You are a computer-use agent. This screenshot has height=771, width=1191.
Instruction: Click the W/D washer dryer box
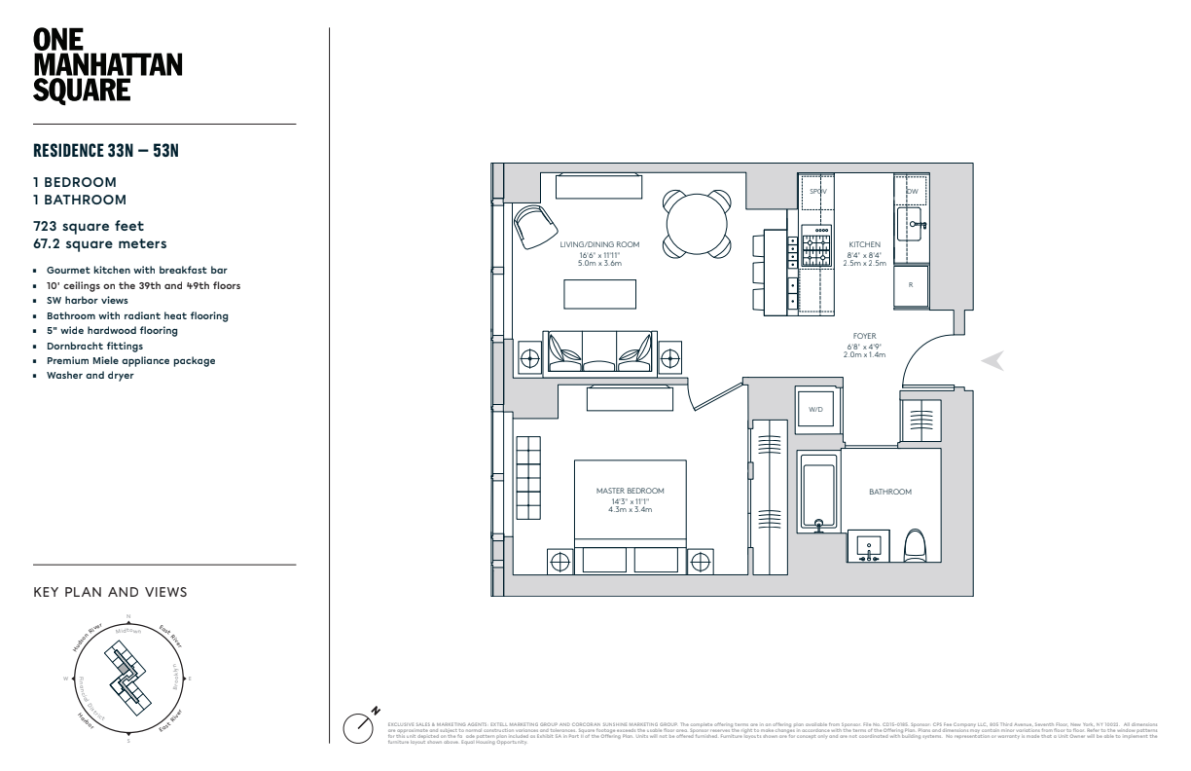click(x=815, y=409)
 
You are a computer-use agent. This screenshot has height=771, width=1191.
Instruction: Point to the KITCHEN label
click(x=863, y=244)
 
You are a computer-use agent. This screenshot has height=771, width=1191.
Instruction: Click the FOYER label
click(x=864, y=336)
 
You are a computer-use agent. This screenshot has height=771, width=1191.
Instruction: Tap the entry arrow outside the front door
click(x=992, y=361)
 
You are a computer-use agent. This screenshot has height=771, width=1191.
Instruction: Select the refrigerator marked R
click(x=911, y=285)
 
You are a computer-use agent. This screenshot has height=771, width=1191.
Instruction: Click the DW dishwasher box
click(x=912, y=191)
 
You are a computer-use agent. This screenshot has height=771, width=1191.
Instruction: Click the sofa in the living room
click(x=599, y=351)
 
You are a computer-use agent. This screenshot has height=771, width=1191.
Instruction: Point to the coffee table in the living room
click(x=599, y=294)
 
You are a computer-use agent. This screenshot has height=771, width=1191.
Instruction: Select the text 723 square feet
click(x=90, y=225)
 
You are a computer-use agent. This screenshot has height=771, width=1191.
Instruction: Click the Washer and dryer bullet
click(x=90, y=375)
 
